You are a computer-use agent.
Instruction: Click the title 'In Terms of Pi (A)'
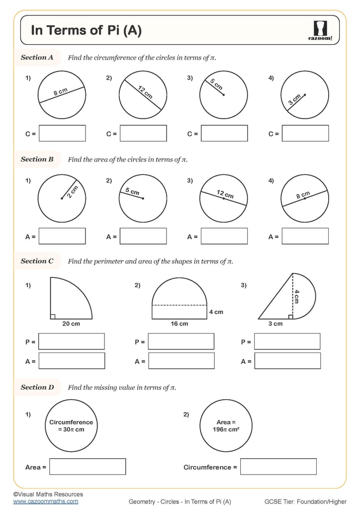pyautogui.click(x=86, y=31)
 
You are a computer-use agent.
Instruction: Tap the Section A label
pyautogui.click(x=37, y=58)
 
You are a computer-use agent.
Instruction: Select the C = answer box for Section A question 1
pyautogui.click(x=62, y=133)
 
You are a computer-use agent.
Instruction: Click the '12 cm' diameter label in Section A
pyautogui.click(x=145, y=92)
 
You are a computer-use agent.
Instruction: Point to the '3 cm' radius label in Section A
pyautogui.click(x=295, y=99)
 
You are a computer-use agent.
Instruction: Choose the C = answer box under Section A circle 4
pyautogui.click(x=305, y=133)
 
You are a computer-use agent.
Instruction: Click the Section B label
pyautogui.click(x=37, y=160)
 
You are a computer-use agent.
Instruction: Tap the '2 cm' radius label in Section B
pyautogui.click(x=73, y=191)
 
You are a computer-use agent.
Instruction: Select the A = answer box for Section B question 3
pyautogui.click(x=224, y=236)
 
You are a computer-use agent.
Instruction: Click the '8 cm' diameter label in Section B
pyautogui.click(x=303, y=195)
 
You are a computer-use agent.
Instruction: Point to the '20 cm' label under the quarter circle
pyautogui.click(x=71, y=324)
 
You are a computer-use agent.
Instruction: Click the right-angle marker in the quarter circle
pyautogui.click(x=53, y=316)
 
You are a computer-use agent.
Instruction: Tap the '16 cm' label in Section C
pyautogui.click(x=180, y=324)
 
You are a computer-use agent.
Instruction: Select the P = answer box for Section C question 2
pyautogui.click(x=181, y=341)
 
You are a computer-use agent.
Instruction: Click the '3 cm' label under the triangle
pyautogui.click(x=275, y=324)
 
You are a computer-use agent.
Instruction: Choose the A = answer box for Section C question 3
pyautogui.click(x=287, y=361)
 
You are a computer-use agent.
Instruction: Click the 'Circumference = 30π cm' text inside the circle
pyautogui.click(x=71, y=426)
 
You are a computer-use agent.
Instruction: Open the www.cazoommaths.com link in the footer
pyautogui.click(x=46, y=501)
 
